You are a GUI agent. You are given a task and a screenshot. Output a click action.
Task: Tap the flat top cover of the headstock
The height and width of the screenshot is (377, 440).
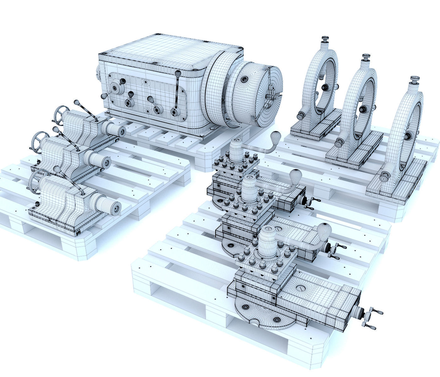point(170,50)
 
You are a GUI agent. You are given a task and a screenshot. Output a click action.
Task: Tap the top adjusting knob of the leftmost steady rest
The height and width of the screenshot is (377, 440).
point(324,40)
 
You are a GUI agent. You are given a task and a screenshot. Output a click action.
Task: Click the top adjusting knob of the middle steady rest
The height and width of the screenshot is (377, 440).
point(365,57)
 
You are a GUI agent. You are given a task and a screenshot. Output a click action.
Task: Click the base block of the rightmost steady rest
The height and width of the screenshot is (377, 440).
point(396,188)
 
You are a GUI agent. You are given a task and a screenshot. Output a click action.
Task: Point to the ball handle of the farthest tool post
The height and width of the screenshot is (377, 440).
point(276,135)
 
